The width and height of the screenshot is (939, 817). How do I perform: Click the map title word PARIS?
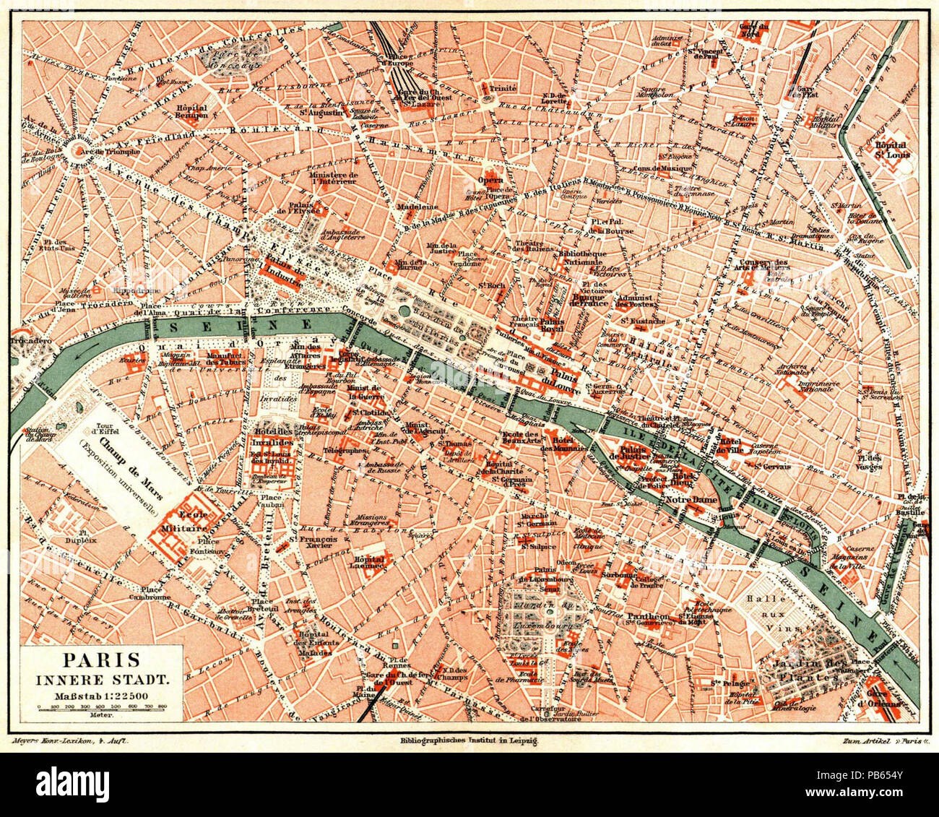point(92,660)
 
